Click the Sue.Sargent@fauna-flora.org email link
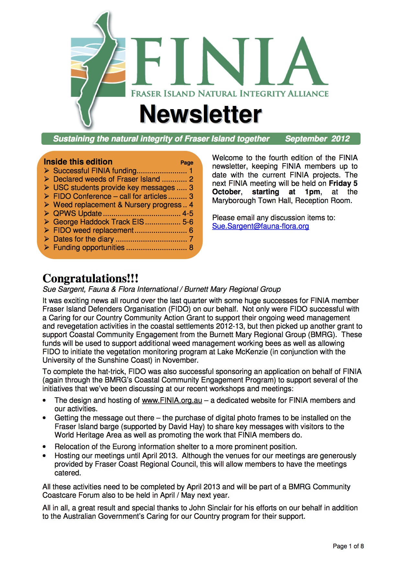tap(261, 226)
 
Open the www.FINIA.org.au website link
tap(172, 400)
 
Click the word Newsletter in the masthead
tap(200, 114)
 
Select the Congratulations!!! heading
tap(90, 278)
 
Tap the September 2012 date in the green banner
tap(317, 139)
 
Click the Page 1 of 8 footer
tap(348, 546)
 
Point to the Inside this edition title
tap(78, 162)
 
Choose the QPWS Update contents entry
tap(78, 213)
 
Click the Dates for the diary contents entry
tap(84, 239)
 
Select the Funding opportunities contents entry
tap(89, 247)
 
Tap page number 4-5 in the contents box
tap(188, 213)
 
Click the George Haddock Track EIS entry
tap(98, 222)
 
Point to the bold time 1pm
tap(313, 192)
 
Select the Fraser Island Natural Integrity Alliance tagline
tap(229, 94)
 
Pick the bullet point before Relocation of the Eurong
tap(44, 447)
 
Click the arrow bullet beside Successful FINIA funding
tap(47, 171)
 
